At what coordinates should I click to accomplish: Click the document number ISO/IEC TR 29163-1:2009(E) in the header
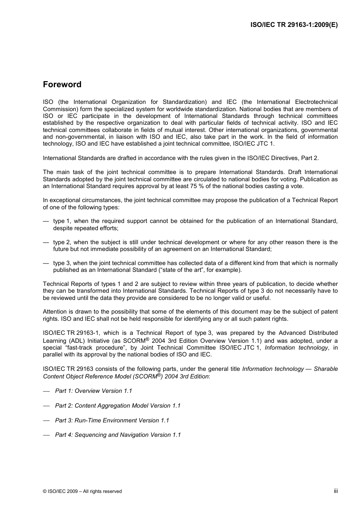click(x=294, y=25)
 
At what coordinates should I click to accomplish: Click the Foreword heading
click(x=62, y=85)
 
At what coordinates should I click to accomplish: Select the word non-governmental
click(x=78, y=137)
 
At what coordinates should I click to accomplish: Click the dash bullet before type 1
click(x=46, y=221)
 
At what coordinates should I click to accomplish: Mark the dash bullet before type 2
click(x=46, y=242)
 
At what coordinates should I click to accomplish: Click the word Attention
click(x=55, y=312)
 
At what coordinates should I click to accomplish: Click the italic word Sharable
click(x=326, y=369)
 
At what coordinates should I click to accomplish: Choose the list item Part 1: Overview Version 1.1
click(x=93, y=391)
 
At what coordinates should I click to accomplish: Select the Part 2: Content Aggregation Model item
click(x=117, y=406)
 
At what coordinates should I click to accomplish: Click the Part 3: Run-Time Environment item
click(x=112, y=421)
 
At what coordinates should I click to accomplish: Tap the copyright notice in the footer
click(x=82, y=491)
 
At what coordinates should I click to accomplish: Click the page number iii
click(x=335, y=491)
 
